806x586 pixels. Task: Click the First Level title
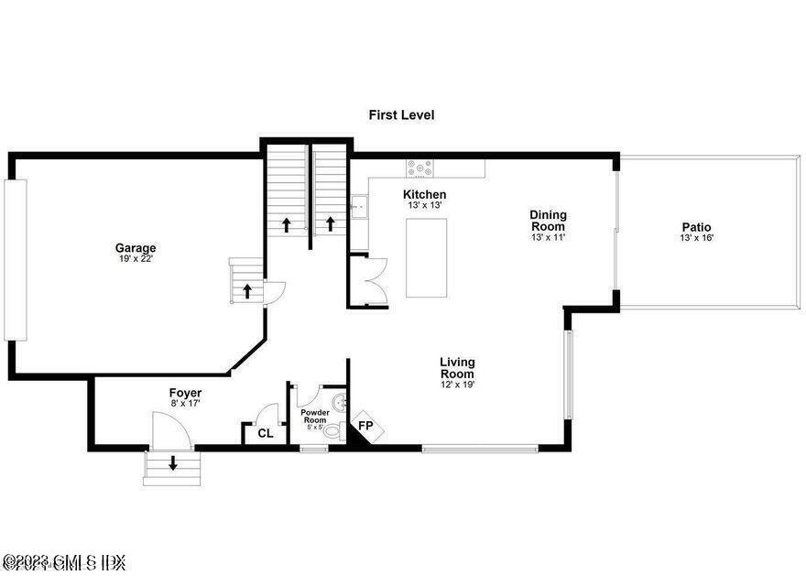tap(401, 115)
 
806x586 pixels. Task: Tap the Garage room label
tap(136, 247)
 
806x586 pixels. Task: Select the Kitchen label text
tap(425, 194)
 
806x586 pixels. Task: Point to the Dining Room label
tap(548, 221)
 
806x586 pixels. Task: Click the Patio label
tap(696, 227)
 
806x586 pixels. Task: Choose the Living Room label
tap(456, 367)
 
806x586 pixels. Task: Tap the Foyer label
tap(185, 393)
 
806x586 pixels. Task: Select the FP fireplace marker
tap(365, 427)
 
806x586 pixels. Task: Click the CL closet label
tap(265, 433)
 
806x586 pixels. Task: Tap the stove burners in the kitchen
tap(420, 168)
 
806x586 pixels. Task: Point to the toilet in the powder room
tap(332, 430)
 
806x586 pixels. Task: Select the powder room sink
tap(339, 400)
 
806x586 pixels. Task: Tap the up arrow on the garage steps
tap(246, 291)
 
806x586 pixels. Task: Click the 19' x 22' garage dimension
tap(136, 259)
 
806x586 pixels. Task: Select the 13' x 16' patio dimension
tap(696, 238)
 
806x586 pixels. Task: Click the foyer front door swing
tap(170, 429)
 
